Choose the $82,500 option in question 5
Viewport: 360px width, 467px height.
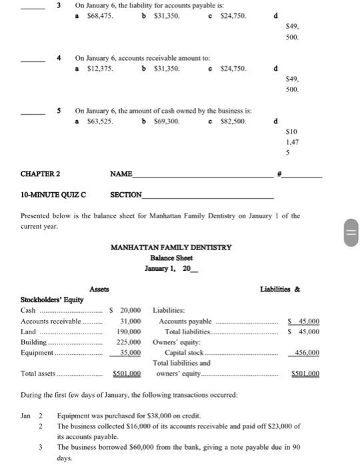click(233, 122)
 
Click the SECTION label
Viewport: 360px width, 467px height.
click(127, 195)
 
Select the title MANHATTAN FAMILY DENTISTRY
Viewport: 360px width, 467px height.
click(171, 248)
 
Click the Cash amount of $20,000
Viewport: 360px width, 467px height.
click(127, 310)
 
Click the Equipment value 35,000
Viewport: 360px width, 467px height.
click(131, 352)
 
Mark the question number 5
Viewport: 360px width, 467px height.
click(59, 111)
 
